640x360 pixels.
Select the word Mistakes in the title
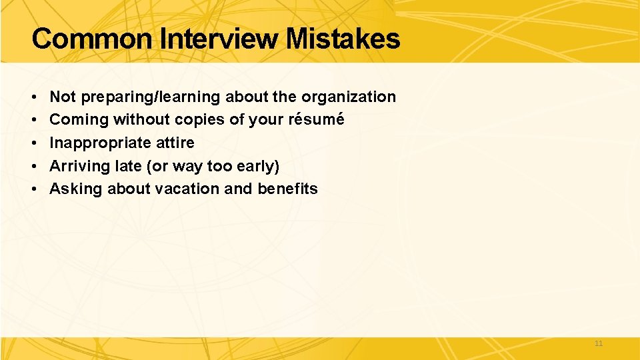tap(343, 39)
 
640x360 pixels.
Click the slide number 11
tap(598, 343)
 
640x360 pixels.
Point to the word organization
tap(349, 97)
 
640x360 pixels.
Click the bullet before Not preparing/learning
tap(33, 97)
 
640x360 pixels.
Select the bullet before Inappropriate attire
tap(33, 143)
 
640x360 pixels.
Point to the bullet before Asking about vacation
tap(33, 189)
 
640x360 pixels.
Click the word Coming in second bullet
tap(79, 120)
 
